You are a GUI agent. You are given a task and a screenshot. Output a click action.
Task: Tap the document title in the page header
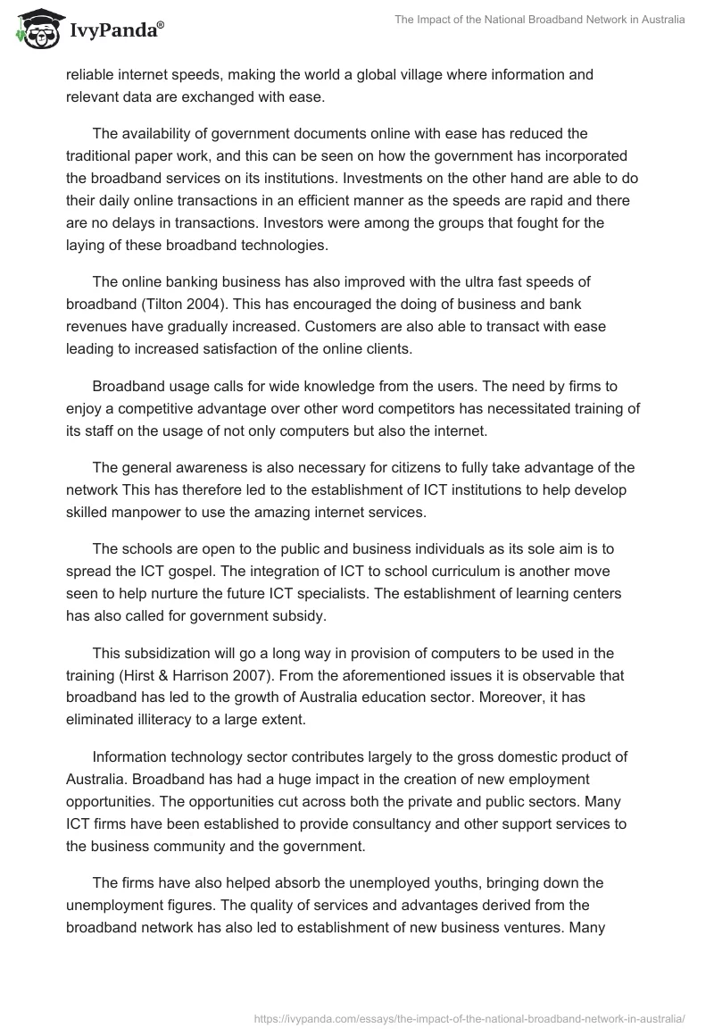click(x=539, y=20)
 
